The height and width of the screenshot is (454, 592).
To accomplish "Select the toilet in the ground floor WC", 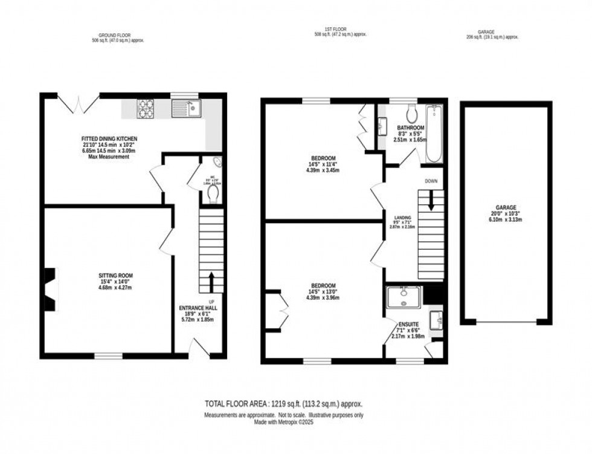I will (213, 193).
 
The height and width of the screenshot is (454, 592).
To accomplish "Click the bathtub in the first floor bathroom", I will (434, 134).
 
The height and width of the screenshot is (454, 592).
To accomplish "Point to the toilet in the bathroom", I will (411, 113).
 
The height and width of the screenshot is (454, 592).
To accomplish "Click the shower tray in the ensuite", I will (403, 297).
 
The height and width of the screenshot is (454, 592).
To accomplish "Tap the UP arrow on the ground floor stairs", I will (211, 282).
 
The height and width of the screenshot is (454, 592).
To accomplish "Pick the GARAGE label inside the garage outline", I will (507, 207).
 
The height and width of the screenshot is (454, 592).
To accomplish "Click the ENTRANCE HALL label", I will (198, 308).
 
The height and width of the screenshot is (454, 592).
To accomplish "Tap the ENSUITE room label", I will (408, 325).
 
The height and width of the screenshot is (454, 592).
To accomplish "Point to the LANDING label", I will (403, 218).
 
